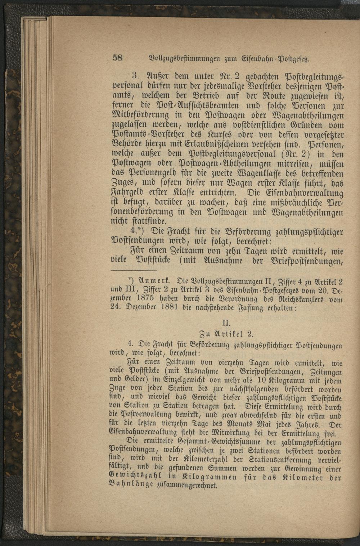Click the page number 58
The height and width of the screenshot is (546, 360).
(118, 58)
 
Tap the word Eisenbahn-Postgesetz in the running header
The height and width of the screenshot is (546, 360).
(275, 59)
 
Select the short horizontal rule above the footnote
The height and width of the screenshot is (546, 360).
(134, 270)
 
